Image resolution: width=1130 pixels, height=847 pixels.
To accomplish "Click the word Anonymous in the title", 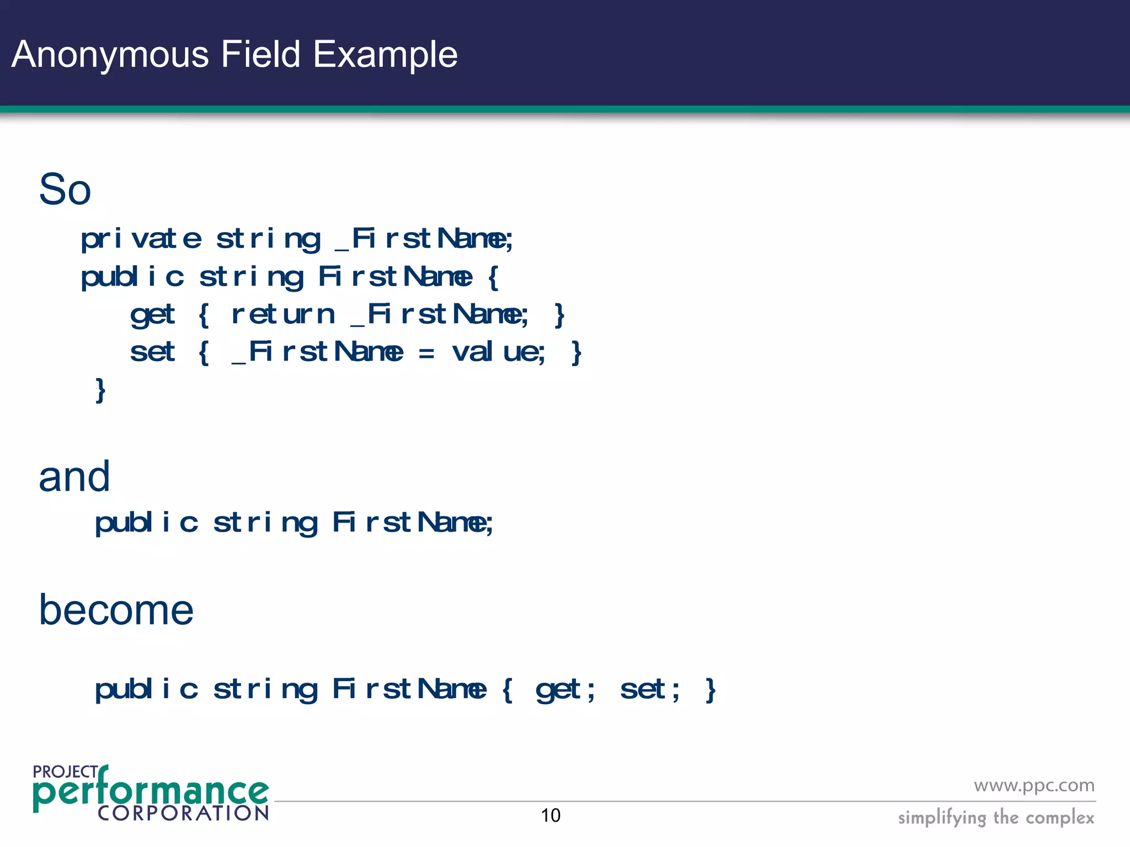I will [x=110, y=55].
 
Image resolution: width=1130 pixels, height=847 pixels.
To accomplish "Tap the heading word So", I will [x=65, y=189].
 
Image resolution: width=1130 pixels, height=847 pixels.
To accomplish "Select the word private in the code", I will [x=141, y=239].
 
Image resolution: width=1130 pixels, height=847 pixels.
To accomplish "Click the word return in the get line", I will [x=282, y=315].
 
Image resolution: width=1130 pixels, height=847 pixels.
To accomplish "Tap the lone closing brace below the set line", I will [x=100, y=390].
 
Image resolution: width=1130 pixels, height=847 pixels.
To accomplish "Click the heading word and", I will [x=74, y=476].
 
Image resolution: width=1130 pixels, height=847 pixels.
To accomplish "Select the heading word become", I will [x=116, y=610].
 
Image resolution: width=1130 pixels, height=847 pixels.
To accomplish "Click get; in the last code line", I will [x=565, y=690].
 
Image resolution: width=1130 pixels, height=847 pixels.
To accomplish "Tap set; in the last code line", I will [x=649, y=690].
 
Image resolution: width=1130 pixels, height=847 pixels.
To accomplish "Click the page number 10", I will [x=550, y=816].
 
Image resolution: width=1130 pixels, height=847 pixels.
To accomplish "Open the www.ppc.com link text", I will [x=1033, y=786].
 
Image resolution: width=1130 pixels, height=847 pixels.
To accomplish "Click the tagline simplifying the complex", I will [x=995, y=817].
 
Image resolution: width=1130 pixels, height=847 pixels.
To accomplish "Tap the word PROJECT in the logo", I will [x=65, y=771].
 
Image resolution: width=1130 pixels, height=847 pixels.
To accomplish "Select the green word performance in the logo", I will [x=150, y=792].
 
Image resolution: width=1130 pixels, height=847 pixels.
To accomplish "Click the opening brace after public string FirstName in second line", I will [x=493, y=277].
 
